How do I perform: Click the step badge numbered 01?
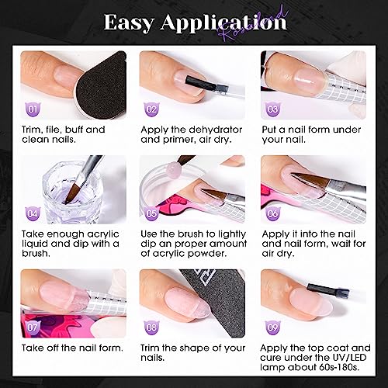(x=33, y=109)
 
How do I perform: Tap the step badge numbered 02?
(x=151, y=109)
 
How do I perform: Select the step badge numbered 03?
(x=273, y=109)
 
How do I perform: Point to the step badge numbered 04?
(x=33, y=213)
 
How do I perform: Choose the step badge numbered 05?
(x=151, y=213)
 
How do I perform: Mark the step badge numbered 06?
(x=273, y=213)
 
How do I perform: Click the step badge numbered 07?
(x=33, y=327)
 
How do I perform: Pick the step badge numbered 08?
(x=151, y=327)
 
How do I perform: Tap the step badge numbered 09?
(x=273, y=327)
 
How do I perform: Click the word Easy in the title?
(x=129, y=23)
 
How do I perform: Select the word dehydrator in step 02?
(x=215, y=130)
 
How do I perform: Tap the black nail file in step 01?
(x=101, y=85)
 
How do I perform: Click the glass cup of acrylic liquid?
(x=74, y=192)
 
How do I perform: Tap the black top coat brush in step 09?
(x=328, y=290)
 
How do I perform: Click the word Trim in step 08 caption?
(x=150, y=348)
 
